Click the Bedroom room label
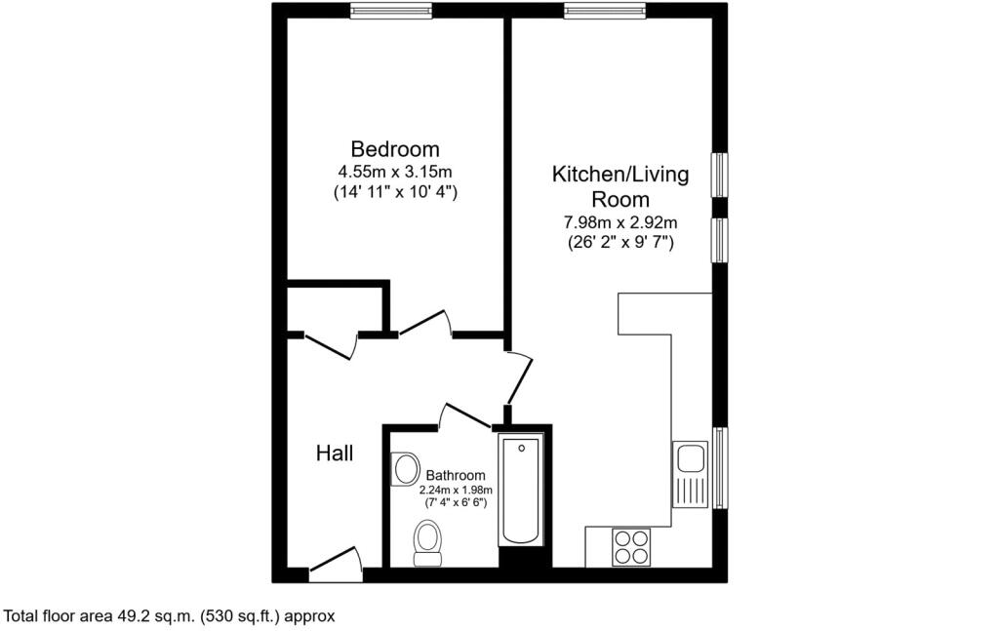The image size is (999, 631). point(395,149)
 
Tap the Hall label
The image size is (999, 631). point(335,454)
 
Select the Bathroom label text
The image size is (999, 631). point(456,475)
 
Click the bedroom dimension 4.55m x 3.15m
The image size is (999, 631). point(395,172)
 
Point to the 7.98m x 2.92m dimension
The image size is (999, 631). point(620,222)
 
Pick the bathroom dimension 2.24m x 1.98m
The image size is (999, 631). point(456,490)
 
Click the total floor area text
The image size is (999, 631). point(169,616)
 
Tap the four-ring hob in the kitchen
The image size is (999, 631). point(631,547)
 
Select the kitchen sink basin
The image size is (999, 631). point(690,458)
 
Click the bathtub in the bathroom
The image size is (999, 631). point(521,491)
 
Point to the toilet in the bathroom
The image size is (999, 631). point(427,543)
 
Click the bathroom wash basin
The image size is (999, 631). point(405,469)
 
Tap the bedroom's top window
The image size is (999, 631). point(391,10)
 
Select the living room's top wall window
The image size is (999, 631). point(604,10)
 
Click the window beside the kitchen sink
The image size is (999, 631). point(720,468)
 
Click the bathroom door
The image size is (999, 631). point(465,415)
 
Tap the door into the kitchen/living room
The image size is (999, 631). point(519,377)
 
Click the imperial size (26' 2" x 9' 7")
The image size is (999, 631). point(620,243)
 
